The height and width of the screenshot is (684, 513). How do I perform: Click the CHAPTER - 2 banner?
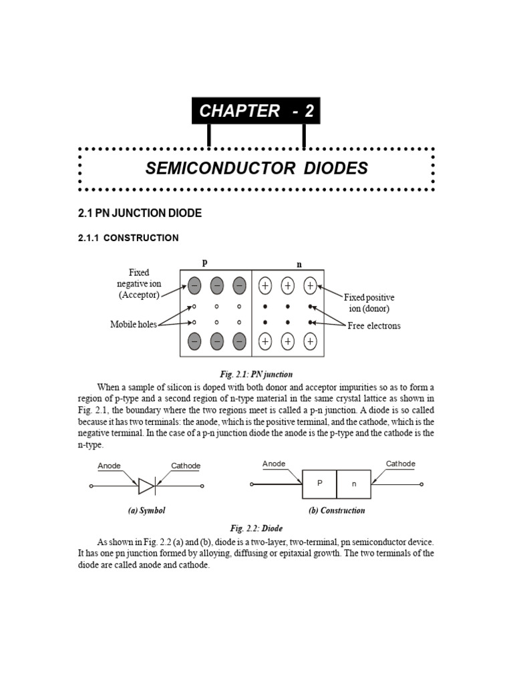[x=256, y=111]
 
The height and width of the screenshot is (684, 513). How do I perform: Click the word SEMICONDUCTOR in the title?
[x=220, y=168]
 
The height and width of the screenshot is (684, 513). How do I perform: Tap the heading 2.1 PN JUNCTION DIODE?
[x=140, y=213]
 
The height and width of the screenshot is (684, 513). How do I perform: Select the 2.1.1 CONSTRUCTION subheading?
[x=128, y=238]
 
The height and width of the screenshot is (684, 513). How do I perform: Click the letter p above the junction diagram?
[x=204, y=263]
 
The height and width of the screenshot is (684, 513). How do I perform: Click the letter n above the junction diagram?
[x=299, y=265]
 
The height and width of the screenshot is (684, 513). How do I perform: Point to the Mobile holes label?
[x=134, y=324]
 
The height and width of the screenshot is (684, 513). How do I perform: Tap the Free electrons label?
[x=374, y=325]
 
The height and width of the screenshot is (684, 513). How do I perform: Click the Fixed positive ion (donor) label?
[x=369, y=303]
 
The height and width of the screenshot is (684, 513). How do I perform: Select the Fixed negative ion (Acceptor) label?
[x=139, y=283]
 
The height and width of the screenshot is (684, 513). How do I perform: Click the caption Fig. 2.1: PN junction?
[x=256, y=374]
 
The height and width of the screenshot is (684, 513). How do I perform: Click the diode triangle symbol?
[x=146, y=486]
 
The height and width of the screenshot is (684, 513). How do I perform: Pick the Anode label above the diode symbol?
[x=109, y=466]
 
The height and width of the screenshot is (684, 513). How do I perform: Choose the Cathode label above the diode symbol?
[x=186, y=466]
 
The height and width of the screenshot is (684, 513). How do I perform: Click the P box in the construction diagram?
[x=319, y=484]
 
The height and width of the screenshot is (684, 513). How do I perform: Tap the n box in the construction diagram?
[x=354, y=484]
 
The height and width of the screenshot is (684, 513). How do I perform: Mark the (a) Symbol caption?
[x=146, y=510]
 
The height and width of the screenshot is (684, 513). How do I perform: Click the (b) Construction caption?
[x=337, y=510]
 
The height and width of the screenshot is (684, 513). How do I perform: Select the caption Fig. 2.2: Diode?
[x=256, y=528]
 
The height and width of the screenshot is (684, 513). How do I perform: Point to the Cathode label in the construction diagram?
[x=401, y=464]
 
